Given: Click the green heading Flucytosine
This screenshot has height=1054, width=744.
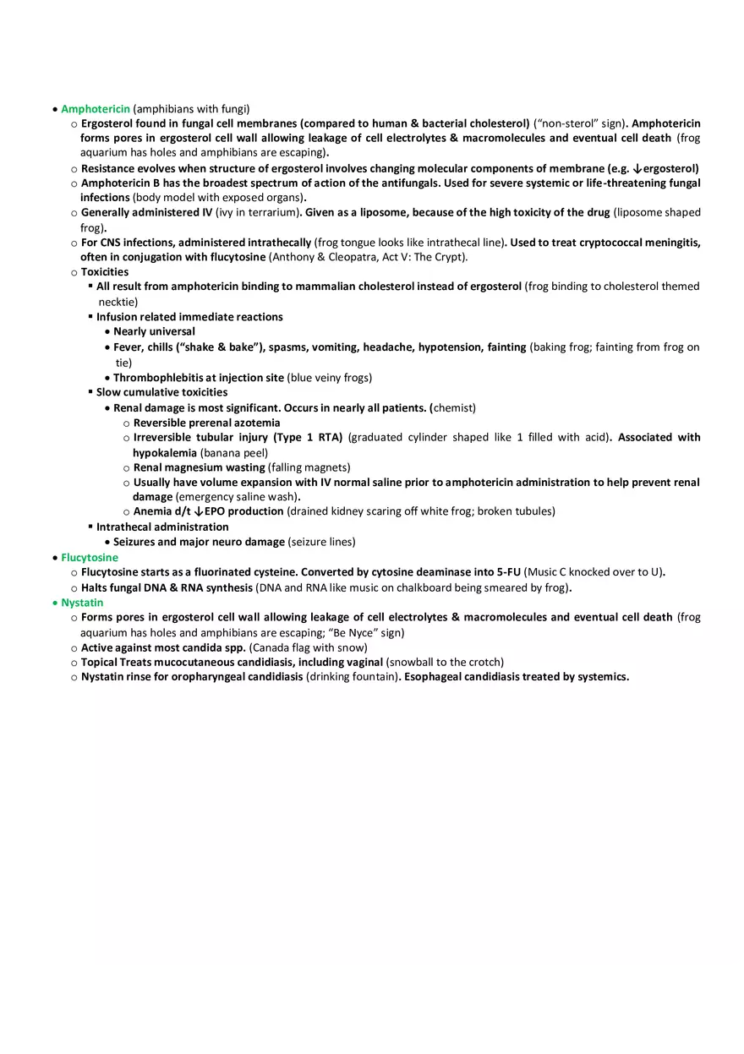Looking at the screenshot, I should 90,558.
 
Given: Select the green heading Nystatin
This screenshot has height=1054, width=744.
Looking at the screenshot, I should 82,603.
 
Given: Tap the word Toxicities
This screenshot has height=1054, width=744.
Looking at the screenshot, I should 105,272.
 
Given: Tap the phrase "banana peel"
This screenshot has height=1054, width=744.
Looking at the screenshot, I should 234,453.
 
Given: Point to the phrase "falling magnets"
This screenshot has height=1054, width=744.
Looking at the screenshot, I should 309,467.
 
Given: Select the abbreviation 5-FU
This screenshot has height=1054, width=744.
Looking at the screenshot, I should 508,572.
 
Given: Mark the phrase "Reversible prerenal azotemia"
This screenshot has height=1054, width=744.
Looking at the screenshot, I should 207,423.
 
